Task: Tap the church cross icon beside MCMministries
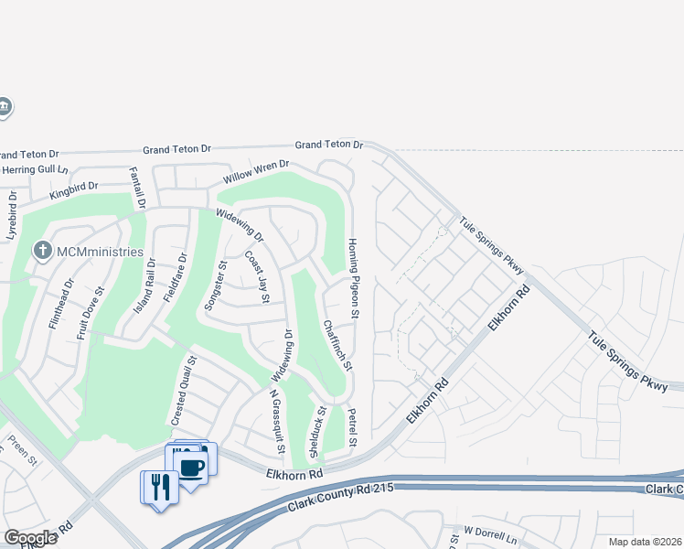point(41,251)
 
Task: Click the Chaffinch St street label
point(337,345)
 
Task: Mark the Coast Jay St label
point(257,277)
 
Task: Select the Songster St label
point(217,285)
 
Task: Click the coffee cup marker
point(191,468)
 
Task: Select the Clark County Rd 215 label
point(339,498)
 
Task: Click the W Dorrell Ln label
point(490,530)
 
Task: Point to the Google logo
point(30,538)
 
